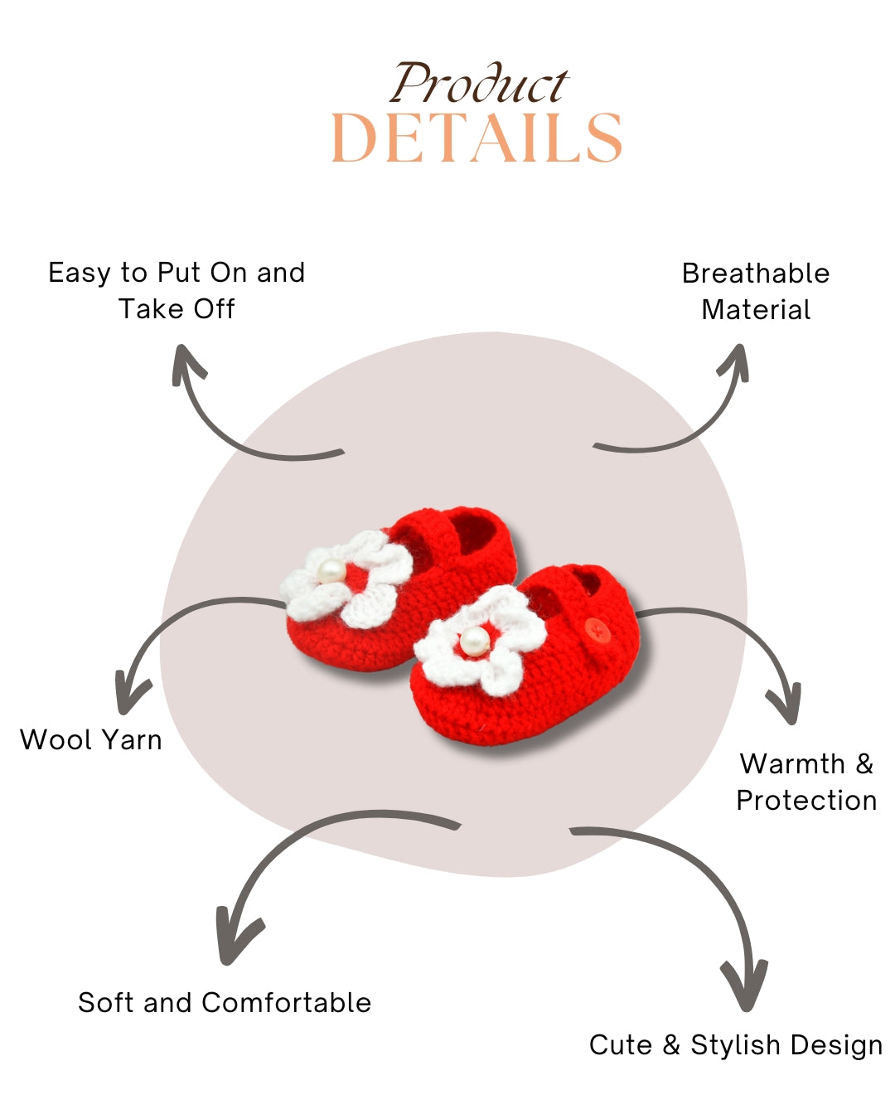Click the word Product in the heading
click(x=479, y=85)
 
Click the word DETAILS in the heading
click(x=477, y=138)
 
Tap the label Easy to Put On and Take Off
click(x=177, y=290)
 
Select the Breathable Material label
click(x=756, y=291)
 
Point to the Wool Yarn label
click(x=91, y=739)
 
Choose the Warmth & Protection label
click(x=806, y=782)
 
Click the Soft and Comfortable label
click(x=225, y=1002)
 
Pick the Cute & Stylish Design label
click(x=736, y=1044)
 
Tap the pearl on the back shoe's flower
click(x=331, y=570)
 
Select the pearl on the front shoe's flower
click(x=474, y=640)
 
